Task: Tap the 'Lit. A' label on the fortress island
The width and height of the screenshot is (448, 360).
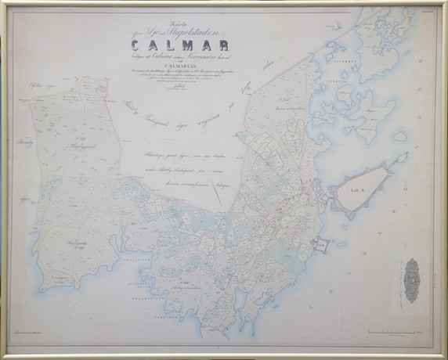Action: pyautogui.click(x=356, y=189)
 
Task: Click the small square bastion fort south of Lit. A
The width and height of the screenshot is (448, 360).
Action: pyautogui.click(x=320, y=243)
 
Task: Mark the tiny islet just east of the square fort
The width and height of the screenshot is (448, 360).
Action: pyautogui.click(x=341, y=243)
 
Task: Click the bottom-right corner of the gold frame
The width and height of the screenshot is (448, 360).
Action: pyautogui.click(x=443, y=355)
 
